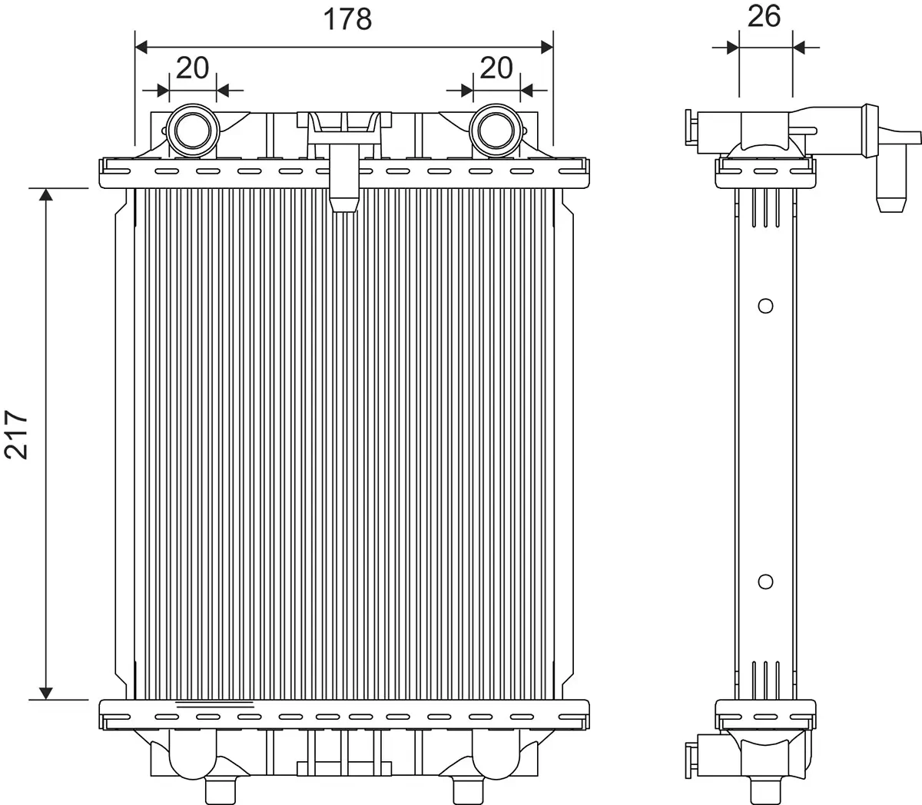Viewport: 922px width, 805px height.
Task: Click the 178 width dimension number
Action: [x=347, y=19]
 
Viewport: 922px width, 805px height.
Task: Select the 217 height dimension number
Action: [x=16, y=435]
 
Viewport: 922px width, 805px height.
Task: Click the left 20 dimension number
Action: [x=192, y=68]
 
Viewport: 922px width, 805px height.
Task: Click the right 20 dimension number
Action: [x=496, y=68]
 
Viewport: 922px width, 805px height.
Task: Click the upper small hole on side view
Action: [x=764, y=306]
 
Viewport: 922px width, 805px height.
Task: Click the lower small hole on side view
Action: [x=764, y=581]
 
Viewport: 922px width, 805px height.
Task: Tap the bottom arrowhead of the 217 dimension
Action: [x=47, y=693]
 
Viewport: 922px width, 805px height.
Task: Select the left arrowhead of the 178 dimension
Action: [x=141, y=47]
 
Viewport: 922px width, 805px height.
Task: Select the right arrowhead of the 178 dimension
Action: [x=546, y=47]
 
